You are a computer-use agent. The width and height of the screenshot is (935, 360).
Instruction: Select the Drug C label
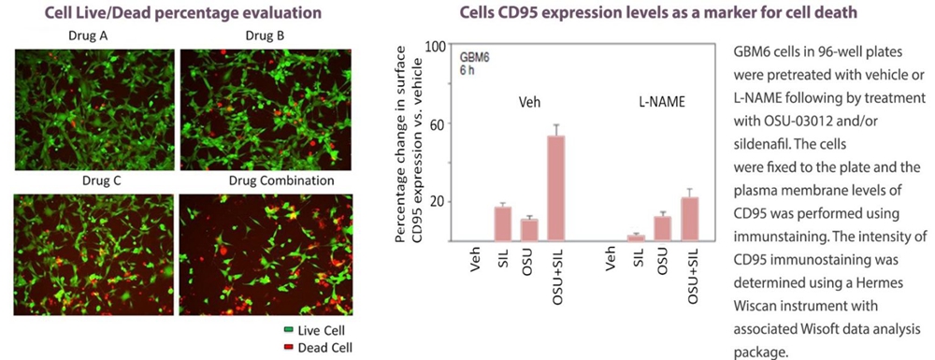101,181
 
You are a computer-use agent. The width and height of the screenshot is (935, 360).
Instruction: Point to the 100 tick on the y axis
437,46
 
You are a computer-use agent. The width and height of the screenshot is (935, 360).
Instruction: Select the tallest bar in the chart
556,188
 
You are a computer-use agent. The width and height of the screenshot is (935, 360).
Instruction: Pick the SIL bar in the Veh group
503,223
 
